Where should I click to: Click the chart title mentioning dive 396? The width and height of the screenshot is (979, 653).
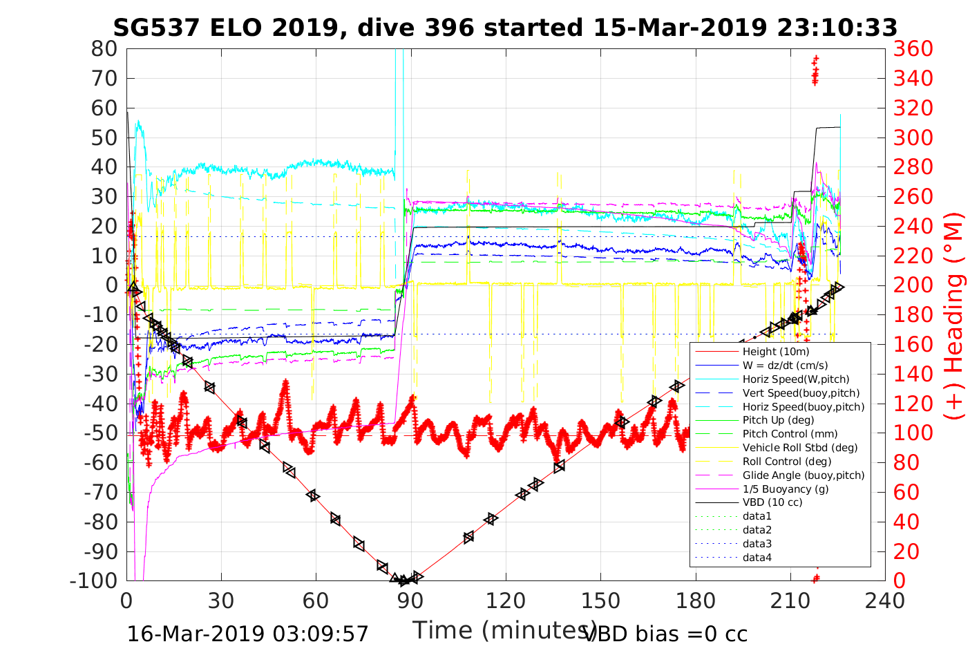[x=505, y=28]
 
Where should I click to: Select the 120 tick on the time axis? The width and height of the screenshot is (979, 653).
[x=505, y=600]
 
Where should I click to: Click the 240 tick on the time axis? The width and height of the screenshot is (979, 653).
[x=885, y=600]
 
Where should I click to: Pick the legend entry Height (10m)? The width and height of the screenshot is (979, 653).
[x=776, y=352]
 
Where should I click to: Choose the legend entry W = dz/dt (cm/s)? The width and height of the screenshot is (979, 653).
[x=785, y=366]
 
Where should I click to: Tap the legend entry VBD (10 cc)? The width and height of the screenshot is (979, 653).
[x=772, y=502]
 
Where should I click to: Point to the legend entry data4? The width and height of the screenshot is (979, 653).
[x=757, y=558]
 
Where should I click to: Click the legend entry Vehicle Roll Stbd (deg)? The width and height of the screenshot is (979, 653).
[x=799, y=448]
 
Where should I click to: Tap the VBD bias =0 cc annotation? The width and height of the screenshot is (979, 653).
[x=665, y=634]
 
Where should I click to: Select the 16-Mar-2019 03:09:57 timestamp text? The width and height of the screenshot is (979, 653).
[x=248, y=634]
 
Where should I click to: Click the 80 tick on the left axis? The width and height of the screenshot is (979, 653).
[x=104, y=49]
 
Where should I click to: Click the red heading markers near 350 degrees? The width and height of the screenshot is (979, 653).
[x=815, y=70]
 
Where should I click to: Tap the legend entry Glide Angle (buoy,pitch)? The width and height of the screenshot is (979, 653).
[x=804, y=475]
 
